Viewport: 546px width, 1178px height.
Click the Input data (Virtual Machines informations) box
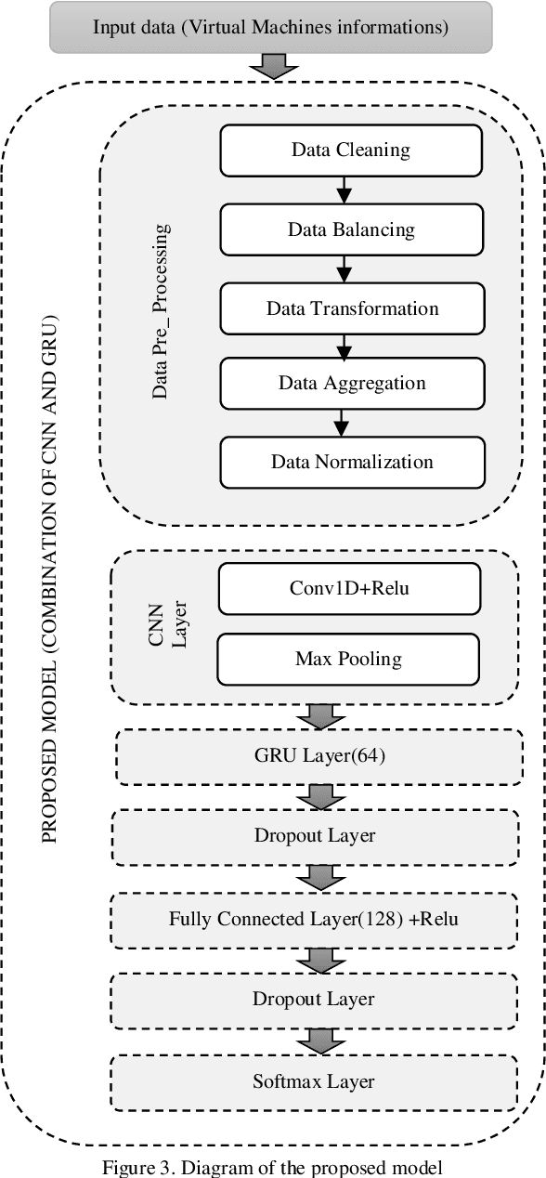click(270, 27)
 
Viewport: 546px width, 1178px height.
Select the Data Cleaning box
click(350, 150)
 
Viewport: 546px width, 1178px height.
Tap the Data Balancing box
click(350, 229)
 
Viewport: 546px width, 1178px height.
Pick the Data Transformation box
click(352, 308)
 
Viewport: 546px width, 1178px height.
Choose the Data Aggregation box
click(352, 383)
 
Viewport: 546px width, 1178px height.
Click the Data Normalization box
click(352, 462)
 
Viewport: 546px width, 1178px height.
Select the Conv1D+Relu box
click(348, 588)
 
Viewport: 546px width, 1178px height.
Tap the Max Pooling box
click(348, 659)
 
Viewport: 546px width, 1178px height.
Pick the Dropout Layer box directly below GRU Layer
click(314, 835)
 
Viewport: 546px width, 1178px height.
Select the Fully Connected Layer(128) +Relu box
click(314, 920)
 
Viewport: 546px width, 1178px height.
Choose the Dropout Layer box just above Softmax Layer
click(314, 1000)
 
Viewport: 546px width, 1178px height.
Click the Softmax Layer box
click(314, 1081)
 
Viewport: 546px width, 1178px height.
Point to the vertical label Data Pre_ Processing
click(160, 310)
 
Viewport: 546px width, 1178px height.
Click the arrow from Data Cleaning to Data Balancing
click(344, 190)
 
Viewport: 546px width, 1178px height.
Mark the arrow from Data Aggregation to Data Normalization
click(342, 423)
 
